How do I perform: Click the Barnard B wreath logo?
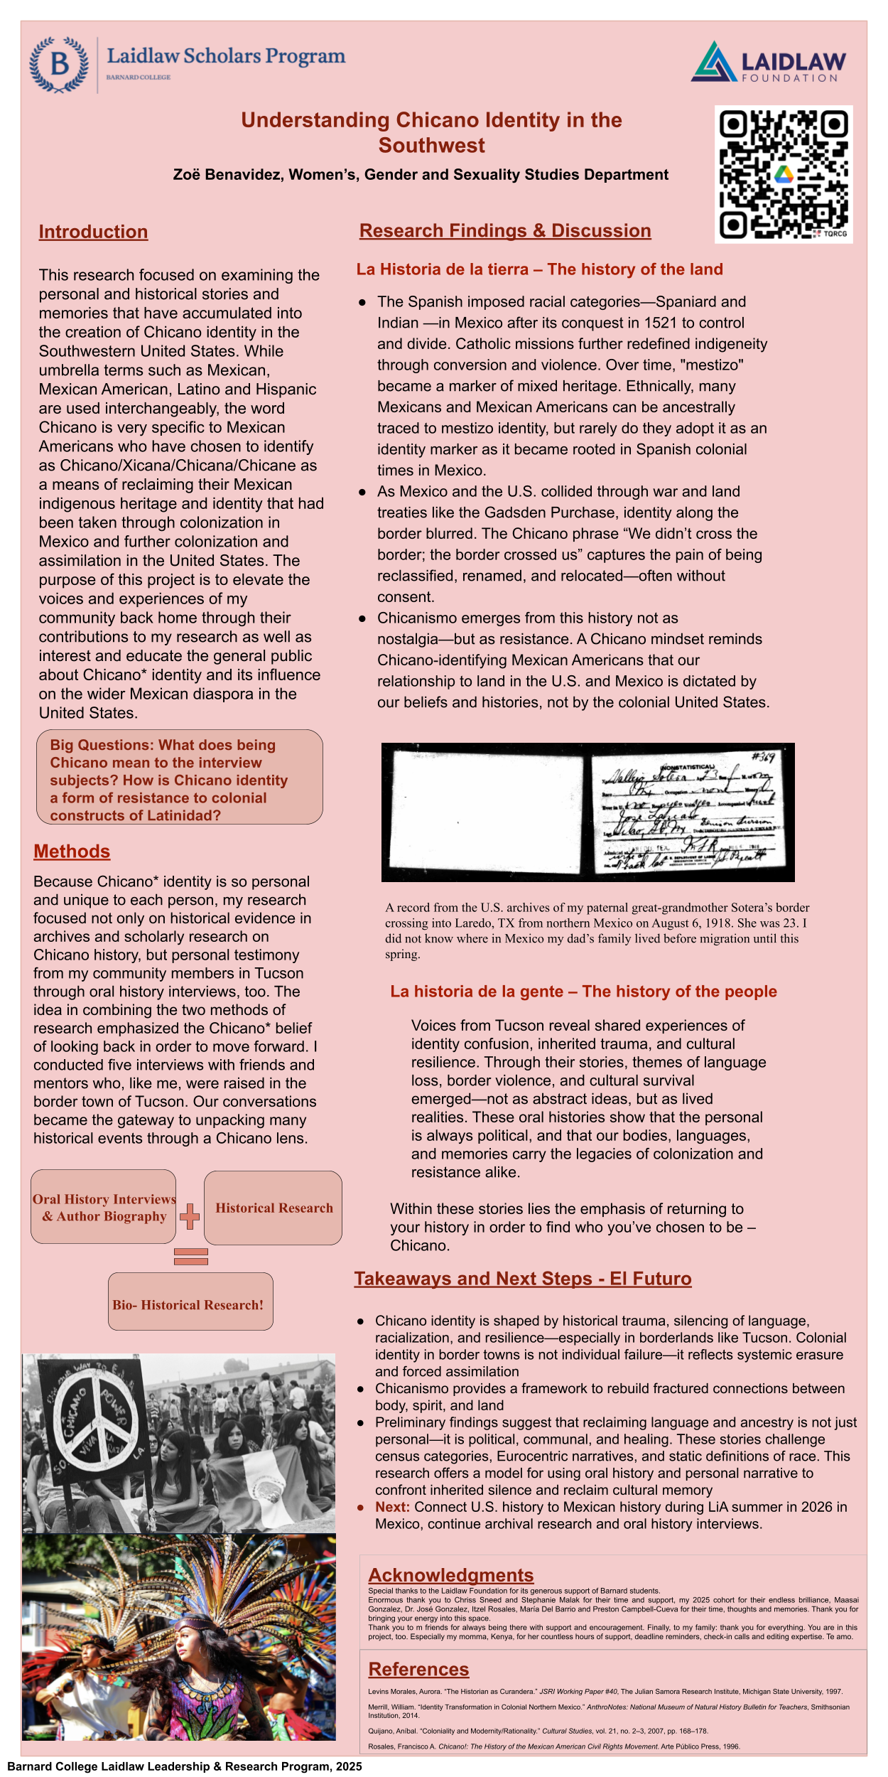[x=59, y=65]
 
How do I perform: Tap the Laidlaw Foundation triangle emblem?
[x=713, y=63]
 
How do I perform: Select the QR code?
[x=784, y=174]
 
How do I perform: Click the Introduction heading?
[x=93, y=232]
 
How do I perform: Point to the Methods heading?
[x=72, y=852]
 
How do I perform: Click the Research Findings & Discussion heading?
[x=505, y=230]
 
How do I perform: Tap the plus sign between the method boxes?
[x=190, y=1216]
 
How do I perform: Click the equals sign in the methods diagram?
[x=190, y=1257]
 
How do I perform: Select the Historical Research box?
[x=274, y=1208]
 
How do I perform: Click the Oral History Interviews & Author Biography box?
[x=104, y=1208]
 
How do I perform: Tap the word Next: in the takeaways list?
[x=392, y=1507]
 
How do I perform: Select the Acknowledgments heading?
[x=450, y=1575]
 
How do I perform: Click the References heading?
[x=418, y=1669]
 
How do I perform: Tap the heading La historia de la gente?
[x=477, y=992]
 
